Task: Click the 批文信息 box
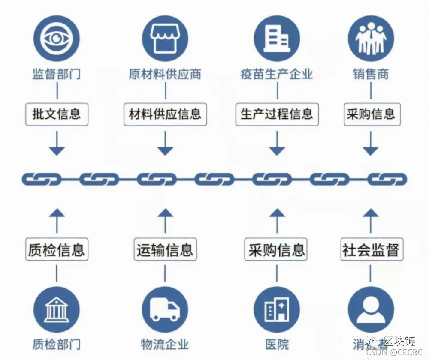[57, 114]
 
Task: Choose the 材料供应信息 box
[165, 114]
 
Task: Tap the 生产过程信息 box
[277, 114]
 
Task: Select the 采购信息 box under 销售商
[371, 114]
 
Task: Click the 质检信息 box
[57, 249]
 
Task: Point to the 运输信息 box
[165, 249]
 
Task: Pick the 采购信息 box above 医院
[277, 249]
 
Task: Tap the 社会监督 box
[371, 249]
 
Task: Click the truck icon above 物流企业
[165, 309]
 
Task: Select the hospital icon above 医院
[277, 309]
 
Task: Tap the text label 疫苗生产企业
[277, 75]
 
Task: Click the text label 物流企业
[165, 344]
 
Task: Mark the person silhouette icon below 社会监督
[371, 309]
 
